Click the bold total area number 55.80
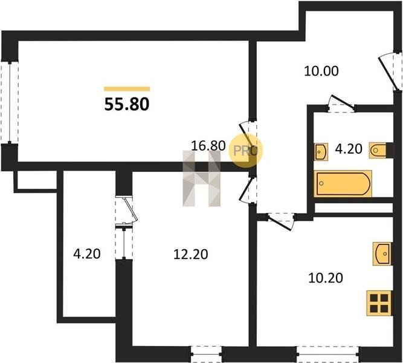point(127,104)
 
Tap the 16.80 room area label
point(208,146)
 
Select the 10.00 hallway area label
point(321,71)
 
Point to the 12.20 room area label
point(191,254)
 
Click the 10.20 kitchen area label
point(326,278)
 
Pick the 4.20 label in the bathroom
point(349,149)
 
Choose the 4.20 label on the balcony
point(87,254)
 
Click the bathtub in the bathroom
point(343,183)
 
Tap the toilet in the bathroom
point(378,151)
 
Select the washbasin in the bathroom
point(321,152)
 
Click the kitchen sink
point(382,253)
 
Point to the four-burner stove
point(379,303)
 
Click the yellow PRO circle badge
point(245,151)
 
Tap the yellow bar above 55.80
point(127,89)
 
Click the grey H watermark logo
point(202,178)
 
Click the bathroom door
point(341,103)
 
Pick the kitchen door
point(282,221)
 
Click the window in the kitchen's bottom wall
point(327,354)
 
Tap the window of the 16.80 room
point(10,102)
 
